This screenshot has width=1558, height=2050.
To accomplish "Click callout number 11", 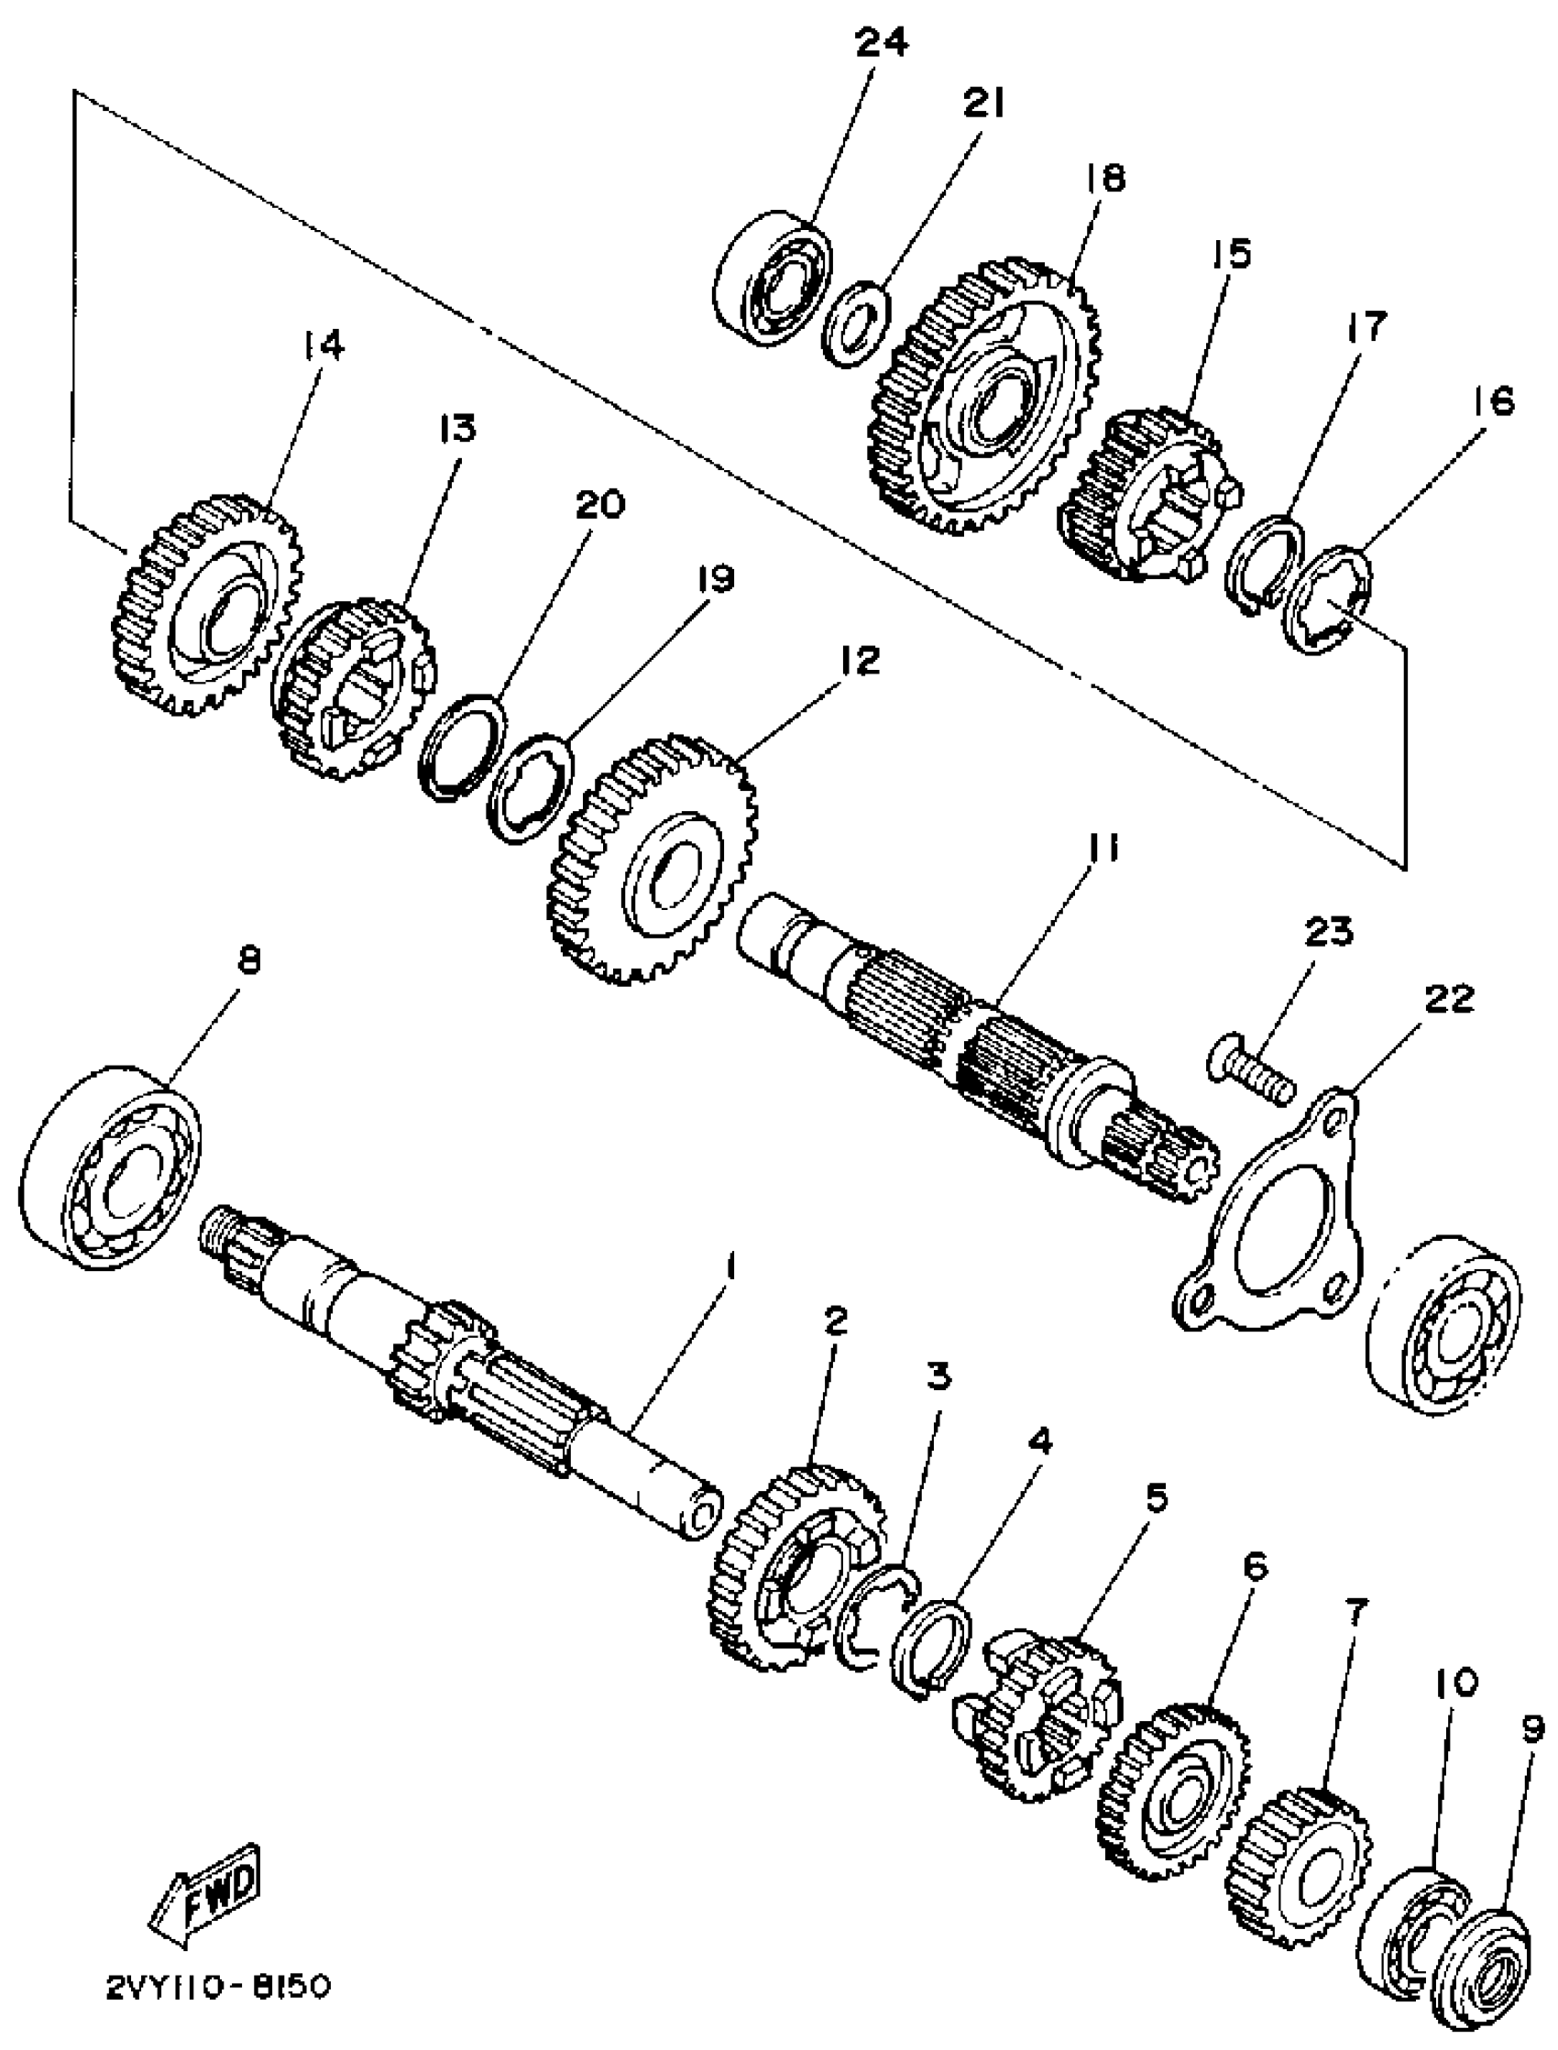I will click(1102, 847).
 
